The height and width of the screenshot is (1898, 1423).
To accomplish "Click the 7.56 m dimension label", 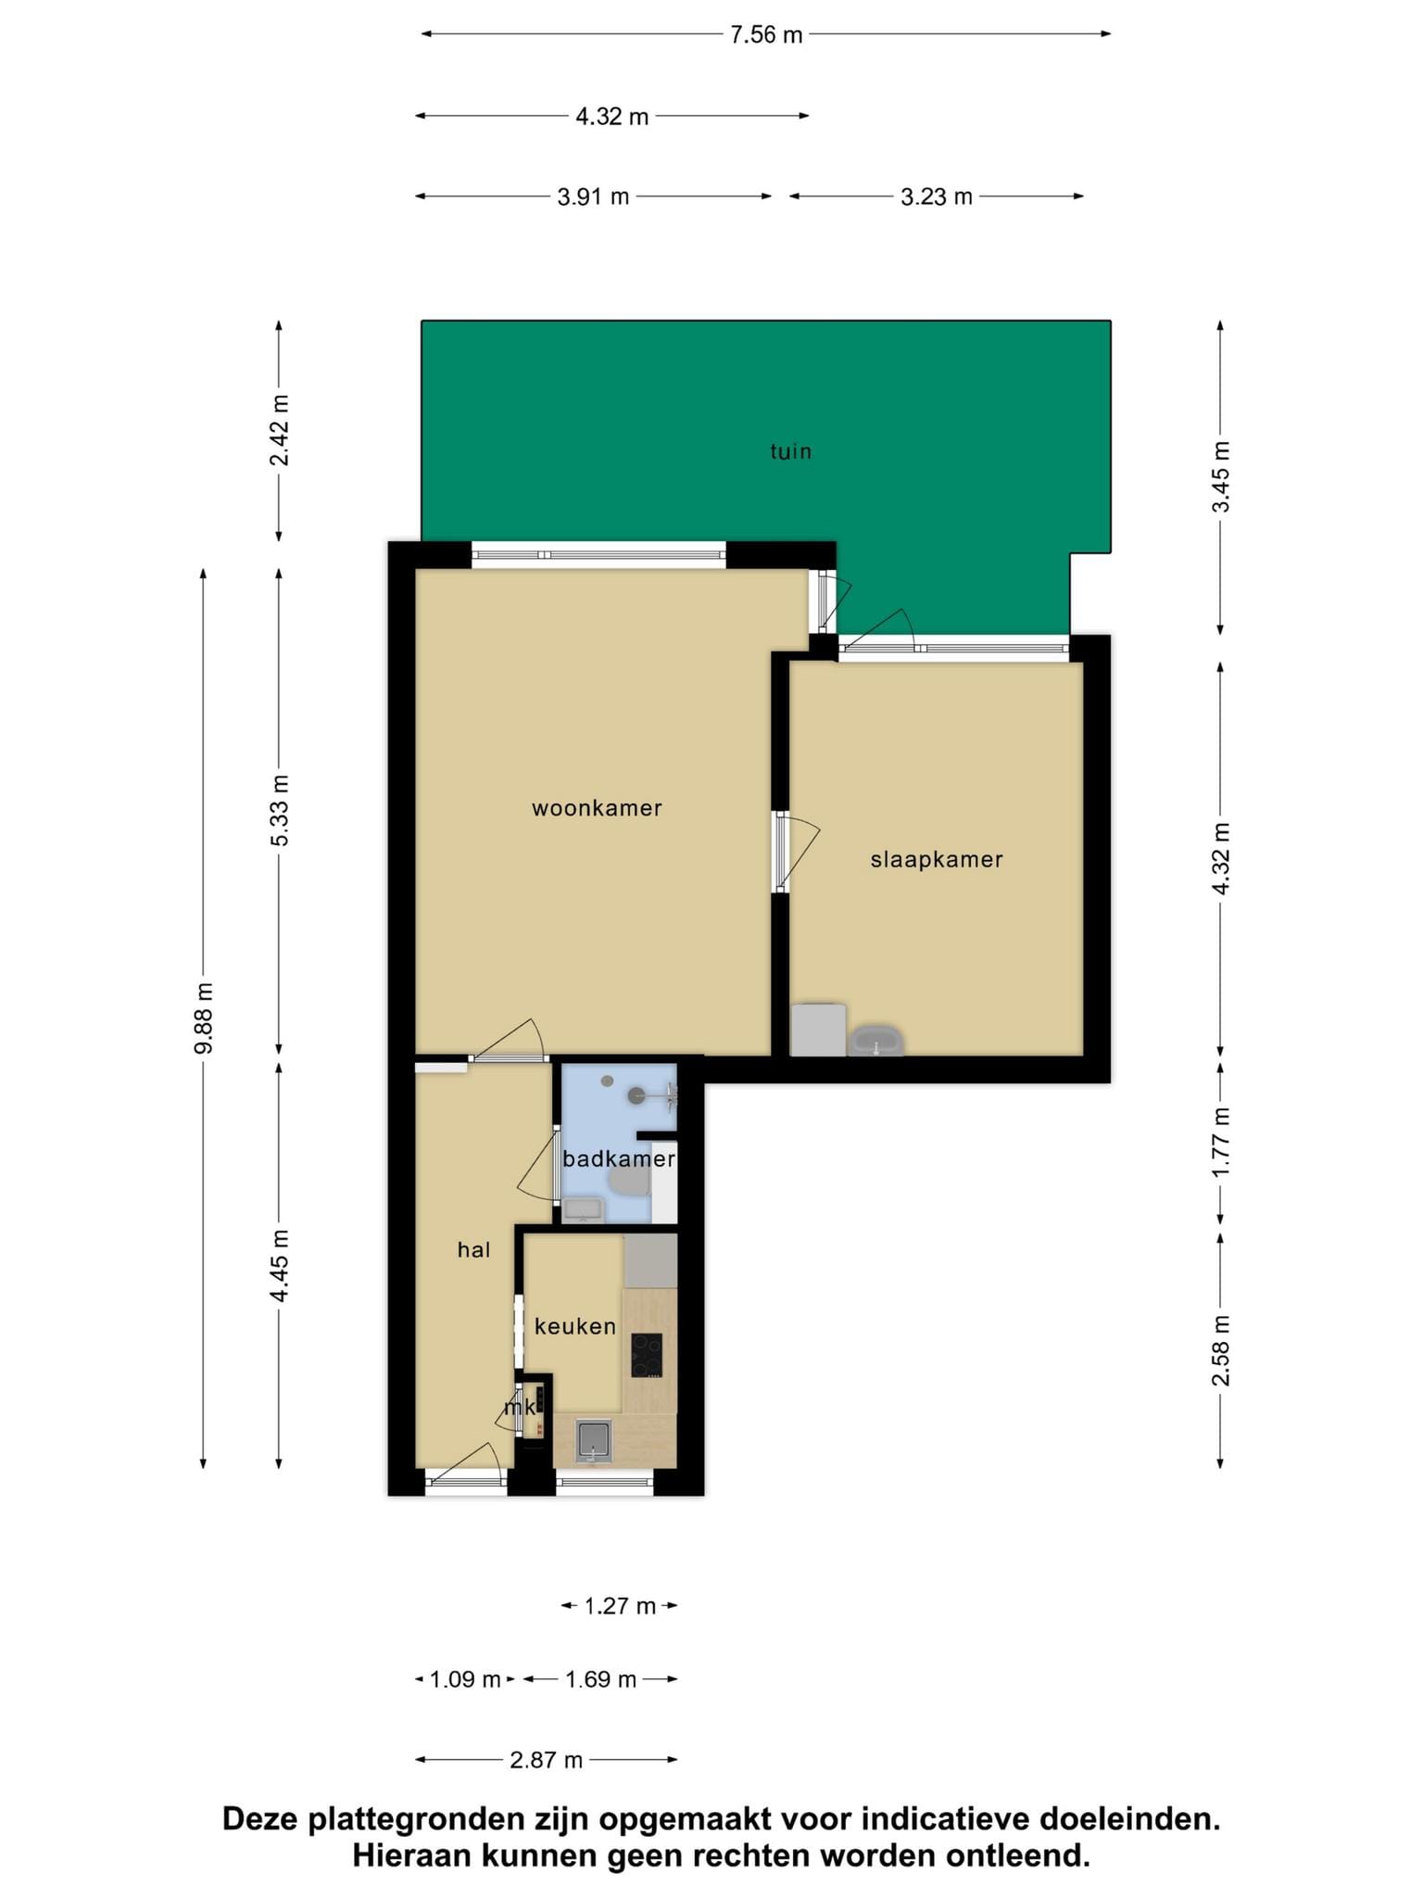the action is click(765, 35).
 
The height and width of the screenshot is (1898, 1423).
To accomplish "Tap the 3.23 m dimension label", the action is click(937, 196).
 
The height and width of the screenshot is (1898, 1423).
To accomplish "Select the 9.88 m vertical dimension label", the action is click(204, 1019).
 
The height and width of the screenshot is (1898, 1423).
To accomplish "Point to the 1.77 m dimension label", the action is click(1221, 1143).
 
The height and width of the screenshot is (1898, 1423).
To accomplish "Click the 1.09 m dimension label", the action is click(465, 1679).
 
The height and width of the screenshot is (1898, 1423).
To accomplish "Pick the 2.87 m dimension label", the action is click(546, 1759).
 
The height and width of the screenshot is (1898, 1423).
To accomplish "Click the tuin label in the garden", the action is click(791, 451).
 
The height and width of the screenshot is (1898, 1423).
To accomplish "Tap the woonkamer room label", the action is click(597, 808).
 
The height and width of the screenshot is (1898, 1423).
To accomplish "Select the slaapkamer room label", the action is click(937, 860).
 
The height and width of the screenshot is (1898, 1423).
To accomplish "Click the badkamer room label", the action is click(619, 1158).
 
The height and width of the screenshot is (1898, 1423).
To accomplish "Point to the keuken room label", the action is click(575, 1326).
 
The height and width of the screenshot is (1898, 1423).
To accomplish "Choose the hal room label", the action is click(473, 1250).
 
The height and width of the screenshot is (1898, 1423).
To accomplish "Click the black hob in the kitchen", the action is click(647, 1355).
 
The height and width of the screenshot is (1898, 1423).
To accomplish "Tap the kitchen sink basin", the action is click(592, 1442).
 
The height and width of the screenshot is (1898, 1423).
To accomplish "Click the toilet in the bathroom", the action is click(629, 1181).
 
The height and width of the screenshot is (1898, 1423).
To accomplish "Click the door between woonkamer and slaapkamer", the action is click(797, 852).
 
